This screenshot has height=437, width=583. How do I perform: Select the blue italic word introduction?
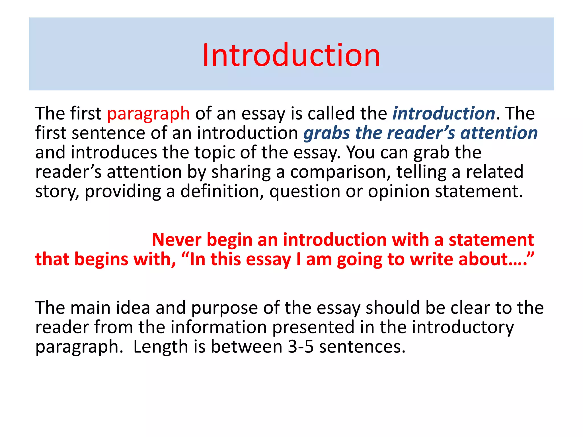click(x=444, y=113)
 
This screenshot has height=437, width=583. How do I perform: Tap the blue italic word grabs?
click(x=327, y=133)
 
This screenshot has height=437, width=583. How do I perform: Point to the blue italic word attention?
click(x=499, y=133)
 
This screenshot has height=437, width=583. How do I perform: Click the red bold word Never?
click(x=176, y=240)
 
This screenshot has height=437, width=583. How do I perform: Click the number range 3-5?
click(x=301, y=347)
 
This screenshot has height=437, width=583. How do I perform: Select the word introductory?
click(x=463, y=327)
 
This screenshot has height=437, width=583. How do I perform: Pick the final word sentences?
click(x=362, y=347)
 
